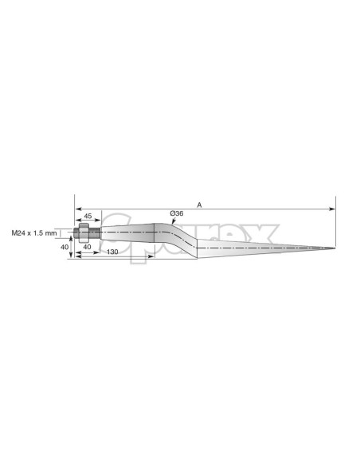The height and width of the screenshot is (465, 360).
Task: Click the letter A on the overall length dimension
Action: tap(199, 205)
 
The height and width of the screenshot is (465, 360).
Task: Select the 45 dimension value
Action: tap(88, 216)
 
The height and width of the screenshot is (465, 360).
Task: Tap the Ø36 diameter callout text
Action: tap(177, 213)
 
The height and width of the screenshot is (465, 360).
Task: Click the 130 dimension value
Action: tap(114, 252)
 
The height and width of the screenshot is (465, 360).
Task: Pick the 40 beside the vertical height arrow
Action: tap(65, 247)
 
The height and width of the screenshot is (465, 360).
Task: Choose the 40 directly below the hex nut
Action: tap(88, 247)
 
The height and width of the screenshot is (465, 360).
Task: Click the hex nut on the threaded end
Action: tap(80, 233)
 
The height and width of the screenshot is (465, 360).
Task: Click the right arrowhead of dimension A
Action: tap(333, 209)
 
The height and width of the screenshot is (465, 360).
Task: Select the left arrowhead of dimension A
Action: tap(76, 209)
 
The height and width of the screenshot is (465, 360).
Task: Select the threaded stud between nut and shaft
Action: tap(93, 233)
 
